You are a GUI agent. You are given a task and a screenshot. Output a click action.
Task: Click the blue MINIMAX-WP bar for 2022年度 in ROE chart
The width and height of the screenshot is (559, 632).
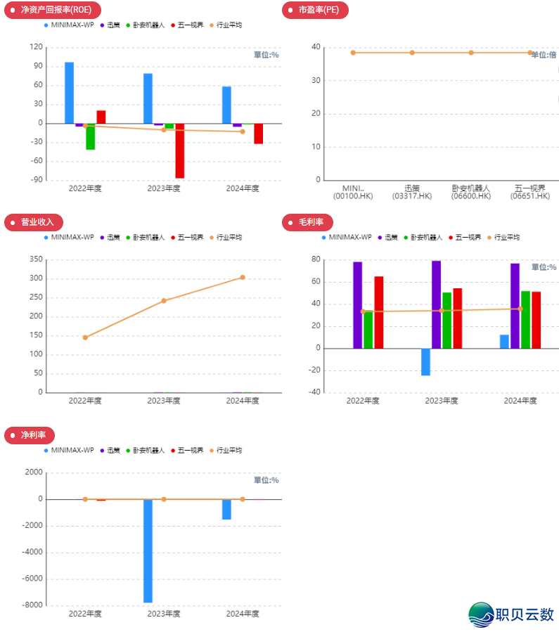coord(69,93)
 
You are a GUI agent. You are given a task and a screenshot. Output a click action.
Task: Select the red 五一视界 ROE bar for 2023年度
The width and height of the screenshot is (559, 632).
coord(180,150)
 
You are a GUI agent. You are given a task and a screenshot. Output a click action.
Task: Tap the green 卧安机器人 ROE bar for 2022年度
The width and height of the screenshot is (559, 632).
coord(91,136)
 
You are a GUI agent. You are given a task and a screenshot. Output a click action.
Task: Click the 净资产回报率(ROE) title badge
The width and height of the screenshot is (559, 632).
coord(53,10)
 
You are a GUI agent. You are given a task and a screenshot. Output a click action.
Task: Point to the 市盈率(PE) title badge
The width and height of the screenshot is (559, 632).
coord(314,10)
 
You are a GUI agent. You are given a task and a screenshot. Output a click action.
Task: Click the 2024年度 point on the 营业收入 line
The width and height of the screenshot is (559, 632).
coord(243,277)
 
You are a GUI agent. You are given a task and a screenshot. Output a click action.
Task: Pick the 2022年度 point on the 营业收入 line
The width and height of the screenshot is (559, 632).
coord(85,337)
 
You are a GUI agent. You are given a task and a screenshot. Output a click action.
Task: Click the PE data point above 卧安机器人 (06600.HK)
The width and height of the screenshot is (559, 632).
coord(471,53)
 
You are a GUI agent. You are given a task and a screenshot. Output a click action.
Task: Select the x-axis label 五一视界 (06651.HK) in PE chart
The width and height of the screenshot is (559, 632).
coord(530,192)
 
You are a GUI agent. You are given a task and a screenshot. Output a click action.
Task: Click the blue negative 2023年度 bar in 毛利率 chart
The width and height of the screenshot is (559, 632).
coord(425,361)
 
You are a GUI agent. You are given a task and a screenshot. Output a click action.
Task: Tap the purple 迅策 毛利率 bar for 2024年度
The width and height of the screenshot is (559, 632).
coord(515,306)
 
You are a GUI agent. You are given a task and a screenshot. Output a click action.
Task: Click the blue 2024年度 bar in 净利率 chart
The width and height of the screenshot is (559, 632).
coord(226,509)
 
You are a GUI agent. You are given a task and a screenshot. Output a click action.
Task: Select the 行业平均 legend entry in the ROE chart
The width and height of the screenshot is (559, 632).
coord(225,25)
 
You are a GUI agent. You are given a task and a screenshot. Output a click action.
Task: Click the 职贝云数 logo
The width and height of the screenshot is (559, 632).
coord(512,614)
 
